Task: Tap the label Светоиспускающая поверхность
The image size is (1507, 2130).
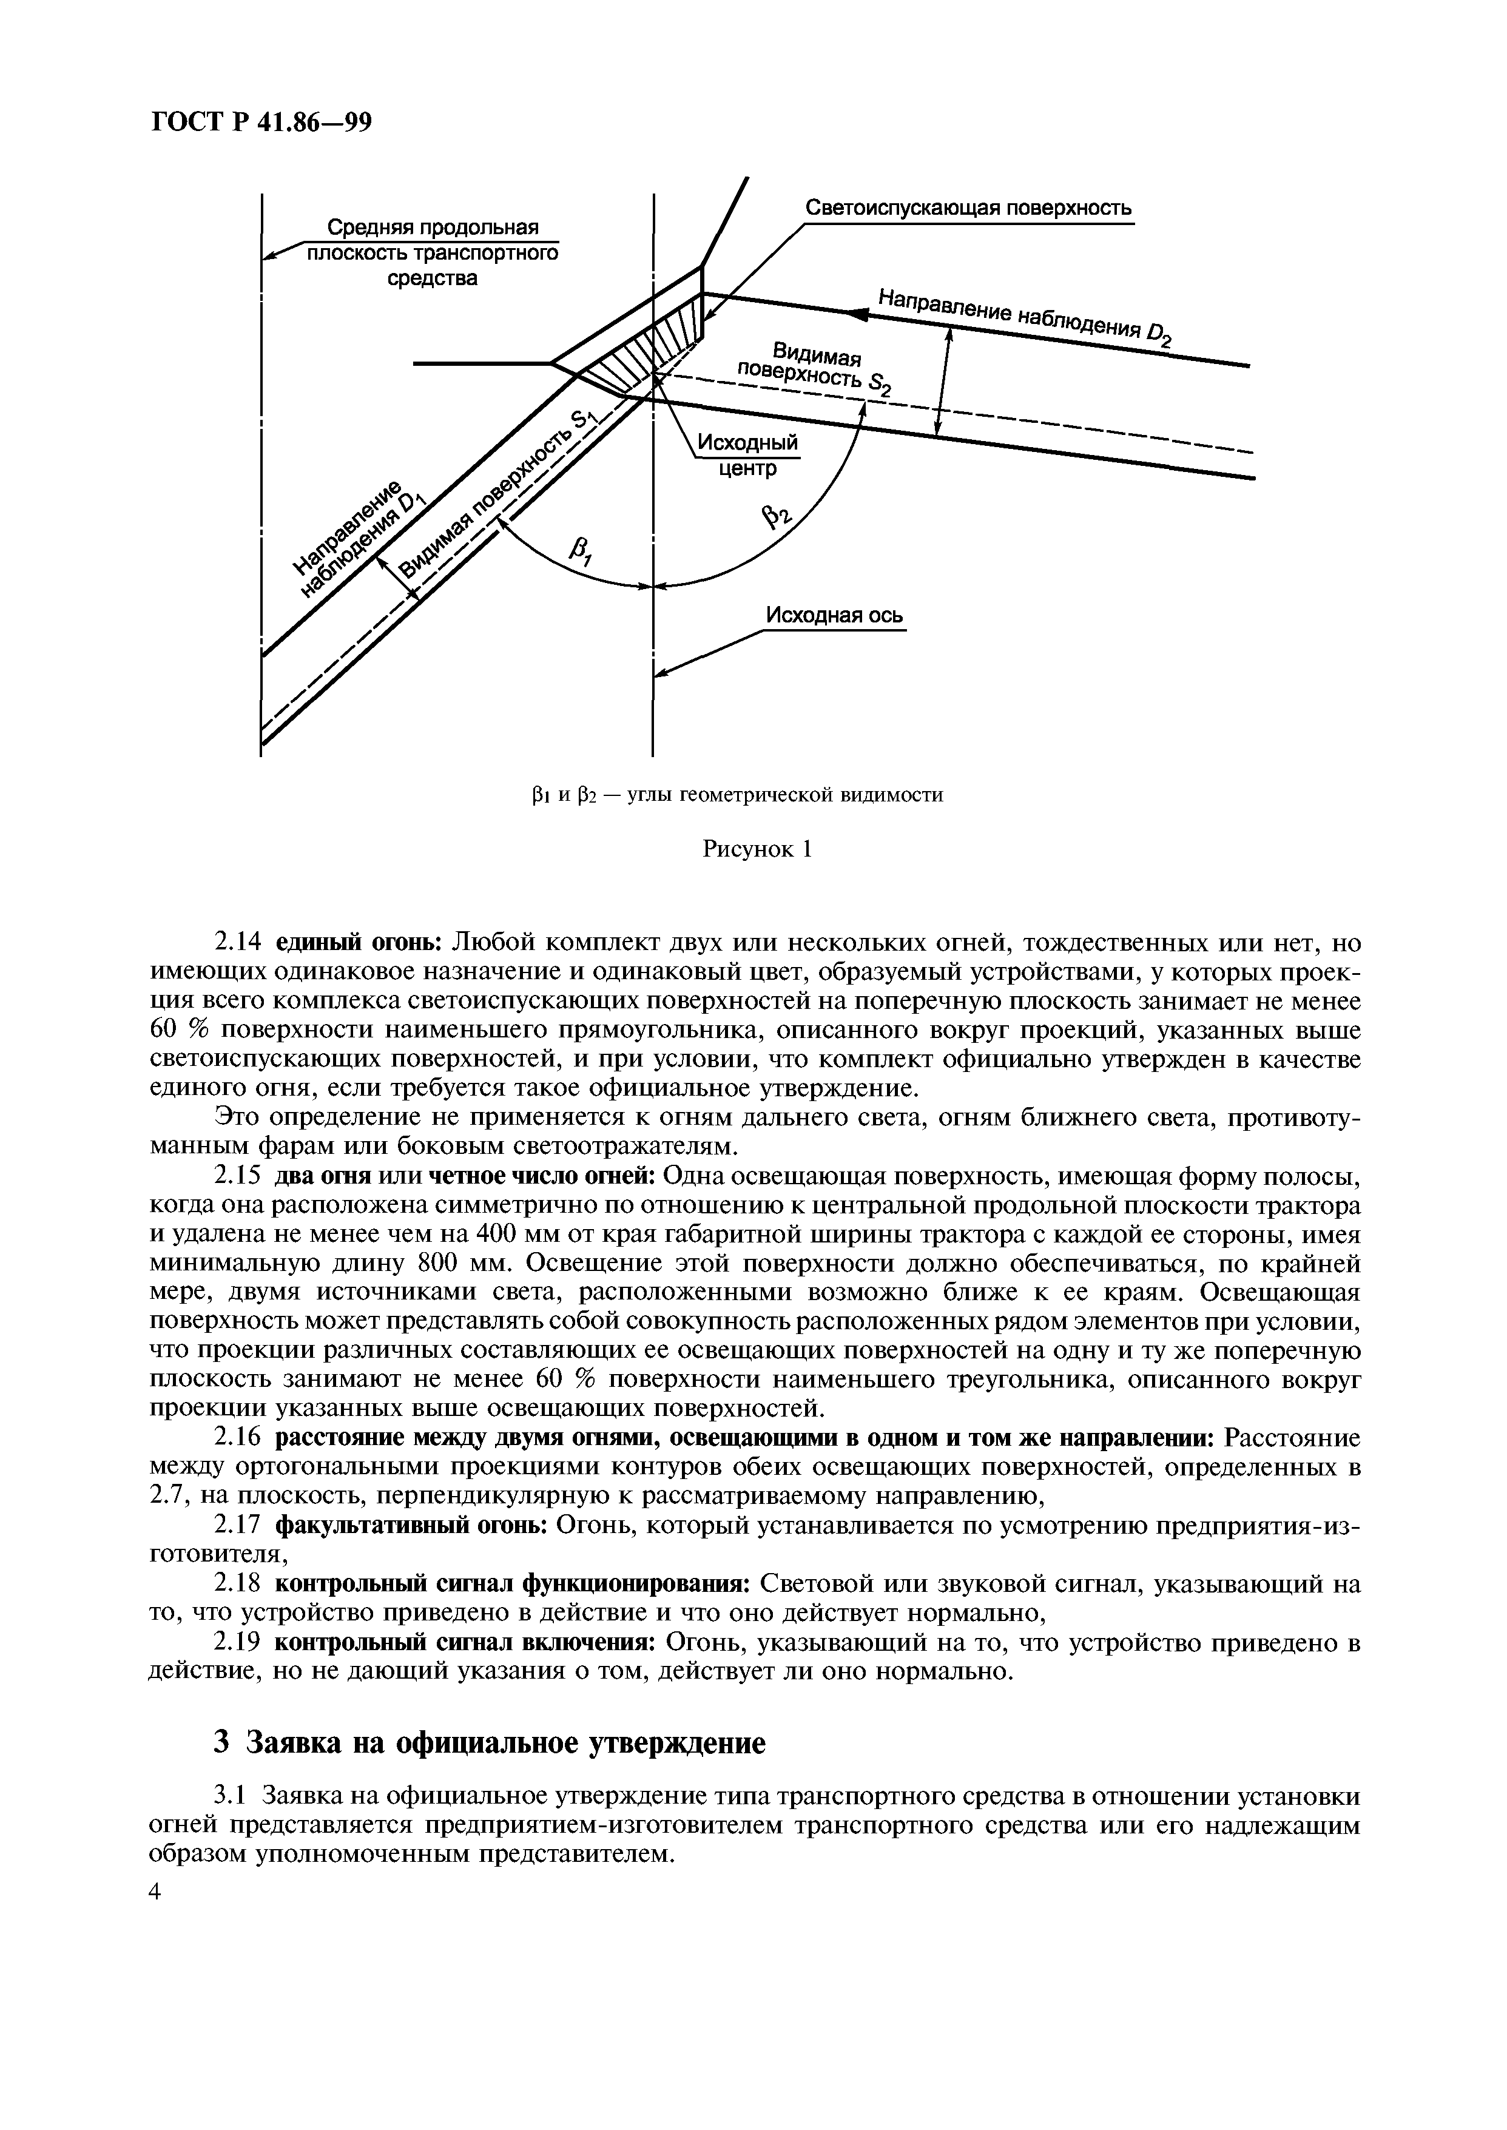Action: point(968,208)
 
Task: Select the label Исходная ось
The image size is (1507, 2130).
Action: point(834,616)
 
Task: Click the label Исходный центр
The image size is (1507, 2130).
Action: point(747,456)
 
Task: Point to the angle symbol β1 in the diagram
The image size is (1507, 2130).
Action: point(584,554)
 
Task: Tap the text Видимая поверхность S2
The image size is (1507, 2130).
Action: point(815,368)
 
